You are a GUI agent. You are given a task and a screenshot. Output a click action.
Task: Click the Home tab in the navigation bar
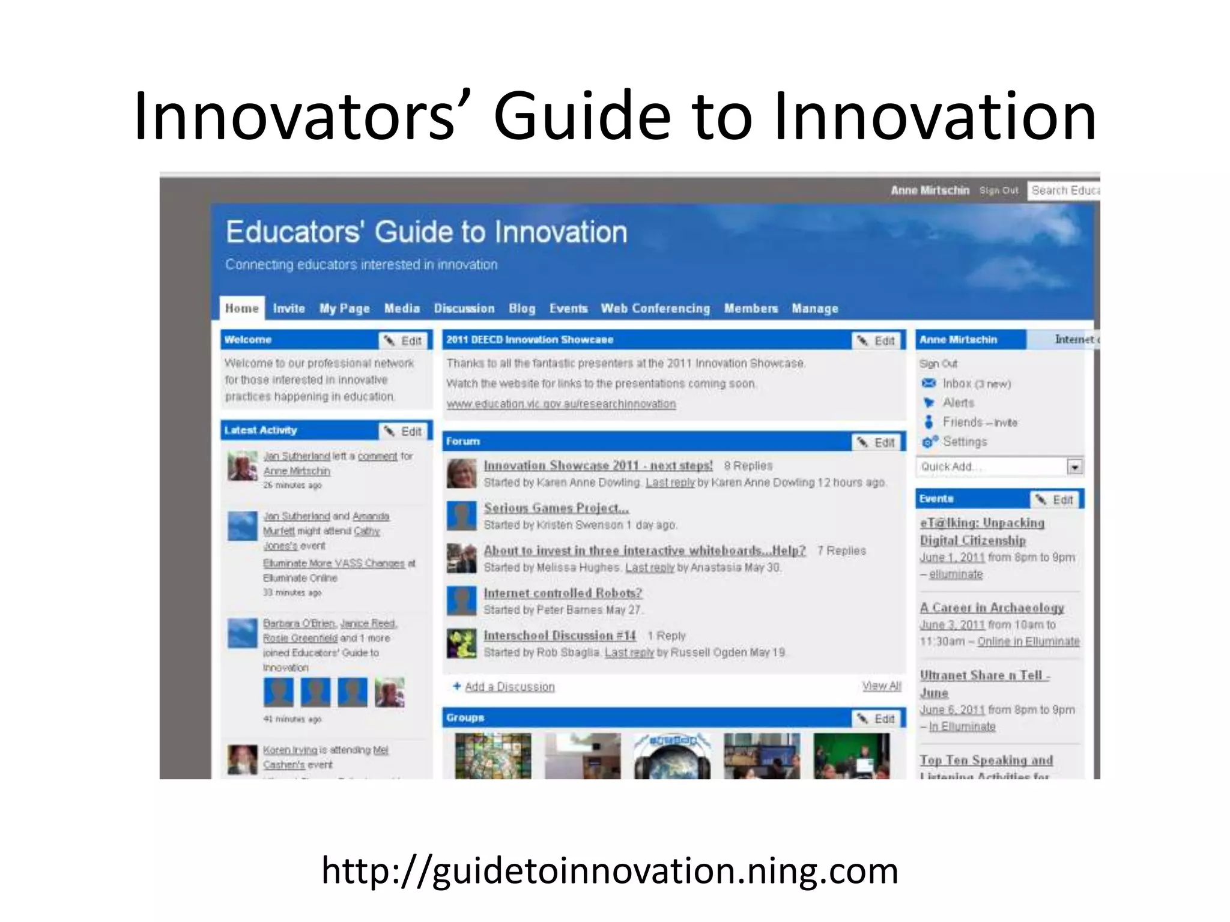[x=241, y=309]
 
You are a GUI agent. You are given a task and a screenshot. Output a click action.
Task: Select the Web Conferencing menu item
[x=655, y=309]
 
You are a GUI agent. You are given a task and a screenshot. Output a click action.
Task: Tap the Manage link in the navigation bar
[x=814, y=309]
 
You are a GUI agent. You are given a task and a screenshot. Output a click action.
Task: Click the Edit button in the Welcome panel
[x=404, y=341]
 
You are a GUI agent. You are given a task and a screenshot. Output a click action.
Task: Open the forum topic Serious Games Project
[x=556, y=508]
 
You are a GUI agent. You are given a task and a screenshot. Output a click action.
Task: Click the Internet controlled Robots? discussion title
[x=563, y=593]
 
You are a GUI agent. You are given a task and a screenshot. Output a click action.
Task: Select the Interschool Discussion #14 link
[x=559, y=636]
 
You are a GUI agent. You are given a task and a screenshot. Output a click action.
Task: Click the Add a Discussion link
[x=509, y=687]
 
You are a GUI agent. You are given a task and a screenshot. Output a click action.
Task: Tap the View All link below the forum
[x=881, y=686]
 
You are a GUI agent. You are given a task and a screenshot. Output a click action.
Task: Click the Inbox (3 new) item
[x=976, y=384]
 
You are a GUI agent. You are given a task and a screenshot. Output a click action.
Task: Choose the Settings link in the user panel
[x=964, y=442]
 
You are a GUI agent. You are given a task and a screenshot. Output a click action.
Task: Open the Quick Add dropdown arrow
[x=1074, y=467]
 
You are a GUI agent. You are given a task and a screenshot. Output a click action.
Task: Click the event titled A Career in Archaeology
[x=992, y=608]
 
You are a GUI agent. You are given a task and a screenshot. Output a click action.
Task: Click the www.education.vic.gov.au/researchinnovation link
[x=561, y=404]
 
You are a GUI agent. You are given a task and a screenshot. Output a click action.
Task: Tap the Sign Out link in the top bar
[x=998, y=190]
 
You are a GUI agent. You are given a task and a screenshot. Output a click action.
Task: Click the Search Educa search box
[x=1064, y=190]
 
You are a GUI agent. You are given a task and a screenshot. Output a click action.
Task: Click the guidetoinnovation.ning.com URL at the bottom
[x=610, y=870]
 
